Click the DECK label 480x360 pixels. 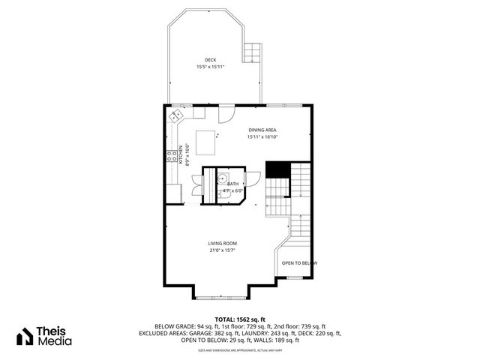(211, 60)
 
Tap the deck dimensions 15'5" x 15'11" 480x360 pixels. (211, 67)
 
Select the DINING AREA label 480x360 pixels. (262, 130)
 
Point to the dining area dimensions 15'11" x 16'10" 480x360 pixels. (262, 137)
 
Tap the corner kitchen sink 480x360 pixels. (176, 116)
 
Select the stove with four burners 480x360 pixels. (172, 156)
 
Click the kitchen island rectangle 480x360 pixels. (206, 139)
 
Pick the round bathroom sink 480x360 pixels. (223, 178)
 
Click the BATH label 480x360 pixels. (233, 184)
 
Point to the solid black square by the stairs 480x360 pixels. (278, 170)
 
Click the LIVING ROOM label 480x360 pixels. (223, 244)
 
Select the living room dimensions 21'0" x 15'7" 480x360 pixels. (223, 250)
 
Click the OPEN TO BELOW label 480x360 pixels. (299, 263)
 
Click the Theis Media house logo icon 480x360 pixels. (27, 335)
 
